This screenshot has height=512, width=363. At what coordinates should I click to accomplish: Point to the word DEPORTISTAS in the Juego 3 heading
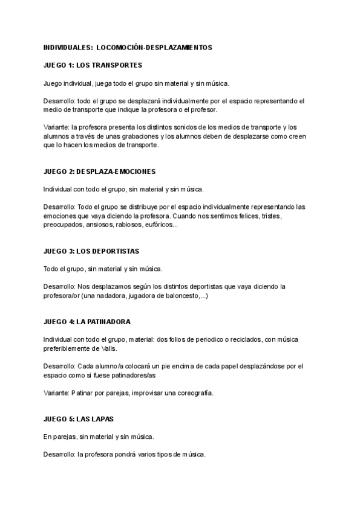coord(114,251)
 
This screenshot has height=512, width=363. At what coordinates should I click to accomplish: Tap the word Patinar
coord(81,392)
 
